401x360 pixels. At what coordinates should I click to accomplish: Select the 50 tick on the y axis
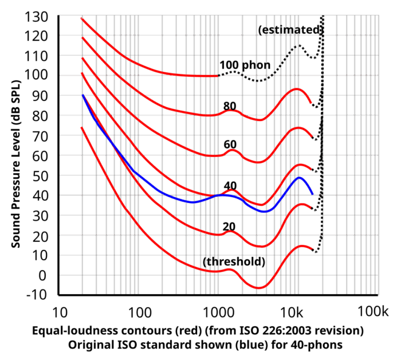pos(40,176)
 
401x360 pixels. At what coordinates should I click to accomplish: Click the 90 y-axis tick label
pos(40,96)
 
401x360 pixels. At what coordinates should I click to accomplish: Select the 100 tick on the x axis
pos(139,312)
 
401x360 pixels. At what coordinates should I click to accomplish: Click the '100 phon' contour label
pos(245,65)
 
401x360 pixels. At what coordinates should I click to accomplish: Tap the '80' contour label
pos(230,105)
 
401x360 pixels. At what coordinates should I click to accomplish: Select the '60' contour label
pos(230,145)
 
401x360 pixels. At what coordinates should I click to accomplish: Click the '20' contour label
pos(229,226)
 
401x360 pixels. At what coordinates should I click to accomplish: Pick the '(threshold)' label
pos(234,262)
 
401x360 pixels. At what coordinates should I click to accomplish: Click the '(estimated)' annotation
pos(289,30)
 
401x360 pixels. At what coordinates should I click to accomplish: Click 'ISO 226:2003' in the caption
pos(296,332)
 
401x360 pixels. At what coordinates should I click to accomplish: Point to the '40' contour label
pos(230,185)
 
